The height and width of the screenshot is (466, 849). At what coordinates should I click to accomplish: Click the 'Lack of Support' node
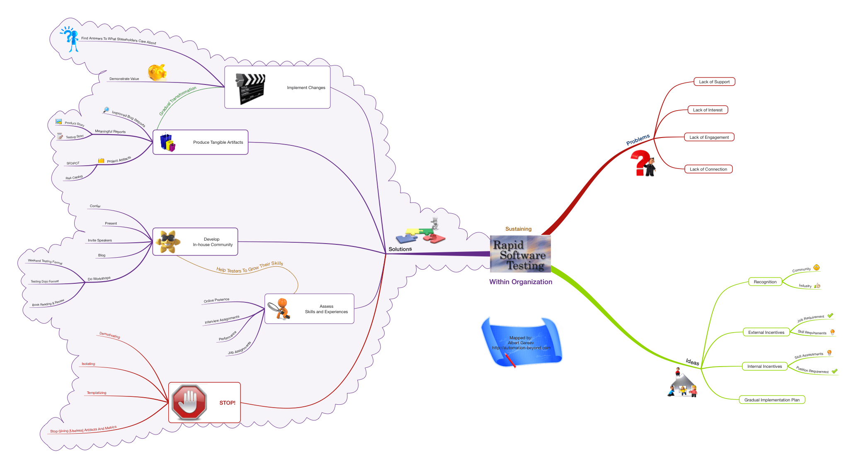[x=714, y=82]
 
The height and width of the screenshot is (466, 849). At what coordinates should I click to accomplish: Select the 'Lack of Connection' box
[x=708, y=169]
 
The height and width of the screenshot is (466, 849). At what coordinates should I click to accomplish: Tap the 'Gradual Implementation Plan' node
[x=771, y=400]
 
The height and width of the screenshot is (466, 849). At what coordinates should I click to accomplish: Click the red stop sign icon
[x=189, y=402]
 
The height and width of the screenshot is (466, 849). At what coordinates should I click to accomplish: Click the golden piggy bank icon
[x=158, y=72]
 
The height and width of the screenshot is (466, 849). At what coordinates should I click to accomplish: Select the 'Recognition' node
[x=765, y=282]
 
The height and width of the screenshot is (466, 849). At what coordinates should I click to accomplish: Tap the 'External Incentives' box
[x=766, y=332]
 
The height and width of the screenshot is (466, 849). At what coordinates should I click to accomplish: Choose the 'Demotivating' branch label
[x=110, y=335]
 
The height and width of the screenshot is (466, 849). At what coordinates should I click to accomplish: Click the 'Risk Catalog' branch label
[x=74, y=177]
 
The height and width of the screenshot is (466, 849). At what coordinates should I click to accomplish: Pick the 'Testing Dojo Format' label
[x=45, y=281]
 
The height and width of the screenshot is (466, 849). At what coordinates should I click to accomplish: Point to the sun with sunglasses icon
[x=167, y=241]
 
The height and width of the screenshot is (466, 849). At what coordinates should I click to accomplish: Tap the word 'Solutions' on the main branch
[x=400, y=249]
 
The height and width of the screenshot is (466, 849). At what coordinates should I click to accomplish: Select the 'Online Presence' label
[x=216, y=300]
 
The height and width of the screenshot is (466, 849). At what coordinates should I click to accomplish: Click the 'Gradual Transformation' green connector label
[x=177, y=101]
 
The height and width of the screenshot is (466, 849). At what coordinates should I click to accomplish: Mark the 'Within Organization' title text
[x=521, y=282]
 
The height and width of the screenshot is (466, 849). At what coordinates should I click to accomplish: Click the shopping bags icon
[x=168, y=142]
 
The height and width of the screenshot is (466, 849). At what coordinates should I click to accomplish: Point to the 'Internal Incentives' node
[x=764, y=366]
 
